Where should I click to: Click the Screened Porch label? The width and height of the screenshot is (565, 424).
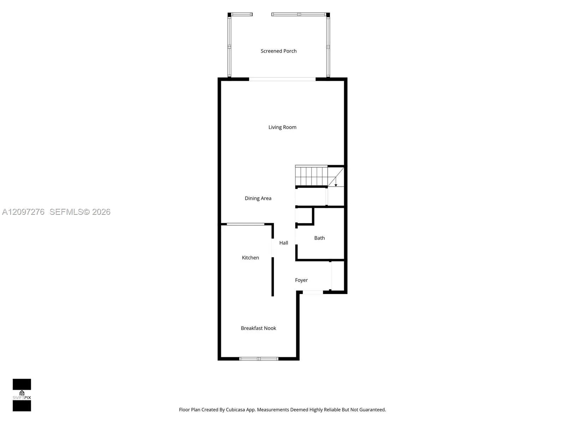point(279,51)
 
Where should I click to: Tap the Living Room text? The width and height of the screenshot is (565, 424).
point(282,127)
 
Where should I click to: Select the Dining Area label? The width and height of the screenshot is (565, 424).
point(258,198)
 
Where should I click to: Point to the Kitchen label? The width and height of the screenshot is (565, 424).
point(250,258)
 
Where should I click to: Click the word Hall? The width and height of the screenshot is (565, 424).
point(284,243)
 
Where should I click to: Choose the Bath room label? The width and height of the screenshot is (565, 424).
point(320,238)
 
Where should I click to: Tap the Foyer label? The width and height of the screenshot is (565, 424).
point(301,280)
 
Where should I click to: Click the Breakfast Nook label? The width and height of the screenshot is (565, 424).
point(258,328)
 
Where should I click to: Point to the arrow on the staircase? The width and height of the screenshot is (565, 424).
point(336,182)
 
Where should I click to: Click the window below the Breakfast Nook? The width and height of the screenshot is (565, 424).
point(259,359)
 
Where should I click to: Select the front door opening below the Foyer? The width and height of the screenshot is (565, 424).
point(313,292)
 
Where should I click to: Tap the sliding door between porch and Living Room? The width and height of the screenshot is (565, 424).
point(282,79)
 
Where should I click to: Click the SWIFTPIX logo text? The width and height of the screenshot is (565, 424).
point(22,397)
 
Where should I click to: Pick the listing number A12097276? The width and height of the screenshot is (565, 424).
point(23,212)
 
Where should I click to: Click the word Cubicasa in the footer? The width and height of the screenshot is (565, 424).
point(235,410)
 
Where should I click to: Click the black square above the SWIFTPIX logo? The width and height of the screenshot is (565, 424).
point(22,384)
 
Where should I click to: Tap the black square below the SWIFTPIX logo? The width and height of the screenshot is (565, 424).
point(22,406)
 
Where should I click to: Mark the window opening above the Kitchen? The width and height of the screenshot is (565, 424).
point(245,224)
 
